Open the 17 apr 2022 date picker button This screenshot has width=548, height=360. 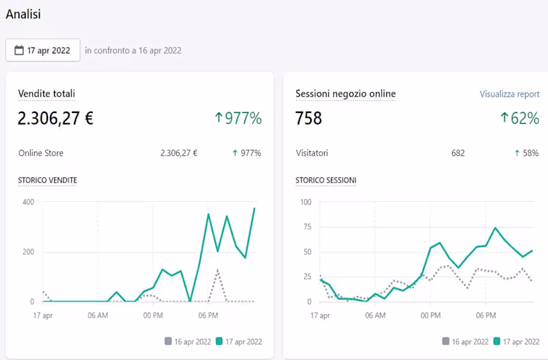43,50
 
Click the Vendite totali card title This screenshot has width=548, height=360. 47,93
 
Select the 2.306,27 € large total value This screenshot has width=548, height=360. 55,118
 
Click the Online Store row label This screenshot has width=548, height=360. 40,153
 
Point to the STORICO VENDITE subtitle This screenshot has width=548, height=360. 47,180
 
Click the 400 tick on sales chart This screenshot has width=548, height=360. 27,202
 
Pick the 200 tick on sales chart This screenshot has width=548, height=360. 27,252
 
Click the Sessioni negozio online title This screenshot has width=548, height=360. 345,93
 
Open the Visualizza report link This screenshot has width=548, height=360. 509,94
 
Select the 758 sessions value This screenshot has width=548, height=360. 309,118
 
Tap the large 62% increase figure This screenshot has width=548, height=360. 520,118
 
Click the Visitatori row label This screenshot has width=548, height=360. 316,153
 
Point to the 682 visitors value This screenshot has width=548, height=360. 458,153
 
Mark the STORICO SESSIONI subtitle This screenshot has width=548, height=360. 325,180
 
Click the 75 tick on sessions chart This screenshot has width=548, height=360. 306,227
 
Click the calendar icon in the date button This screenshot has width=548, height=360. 19,50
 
